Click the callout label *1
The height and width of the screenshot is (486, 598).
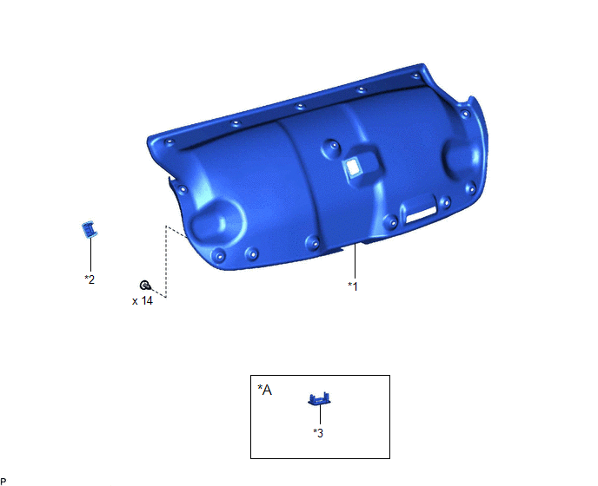point(353,286)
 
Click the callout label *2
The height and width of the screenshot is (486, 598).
point(90,279)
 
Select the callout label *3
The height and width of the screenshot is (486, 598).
point(318,433)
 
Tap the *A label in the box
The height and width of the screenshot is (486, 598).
point(265,390)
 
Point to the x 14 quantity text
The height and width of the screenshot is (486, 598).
point(143,301)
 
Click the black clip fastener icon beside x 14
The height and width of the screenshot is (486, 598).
point(145,285)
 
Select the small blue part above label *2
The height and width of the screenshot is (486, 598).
point(90,229)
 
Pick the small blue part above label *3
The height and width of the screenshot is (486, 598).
point(319,398)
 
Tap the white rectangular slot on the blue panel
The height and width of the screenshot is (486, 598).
point(421,215)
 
